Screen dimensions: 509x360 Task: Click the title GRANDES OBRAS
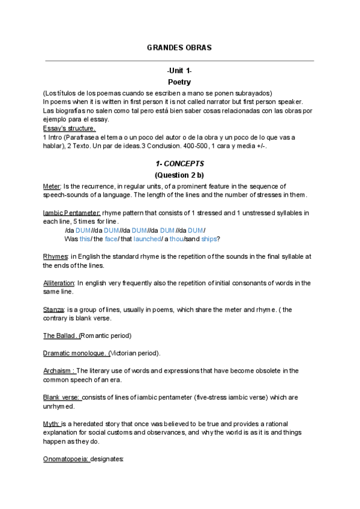pos(179,47)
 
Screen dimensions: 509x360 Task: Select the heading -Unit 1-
pos(179,71)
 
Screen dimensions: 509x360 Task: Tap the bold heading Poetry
pos(179,82)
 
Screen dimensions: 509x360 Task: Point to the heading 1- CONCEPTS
pos(179,163)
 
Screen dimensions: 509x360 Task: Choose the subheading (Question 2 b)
pos(179,175)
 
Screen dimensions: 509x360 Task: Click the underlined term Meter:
pos(52,187)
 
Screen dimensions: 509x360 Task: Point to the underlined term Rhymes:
pos(56,256)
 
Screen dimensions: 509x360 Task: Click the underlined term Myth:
pos(51,424)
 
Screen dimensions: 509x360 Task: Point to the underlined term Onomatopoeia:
pos(67,459)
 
